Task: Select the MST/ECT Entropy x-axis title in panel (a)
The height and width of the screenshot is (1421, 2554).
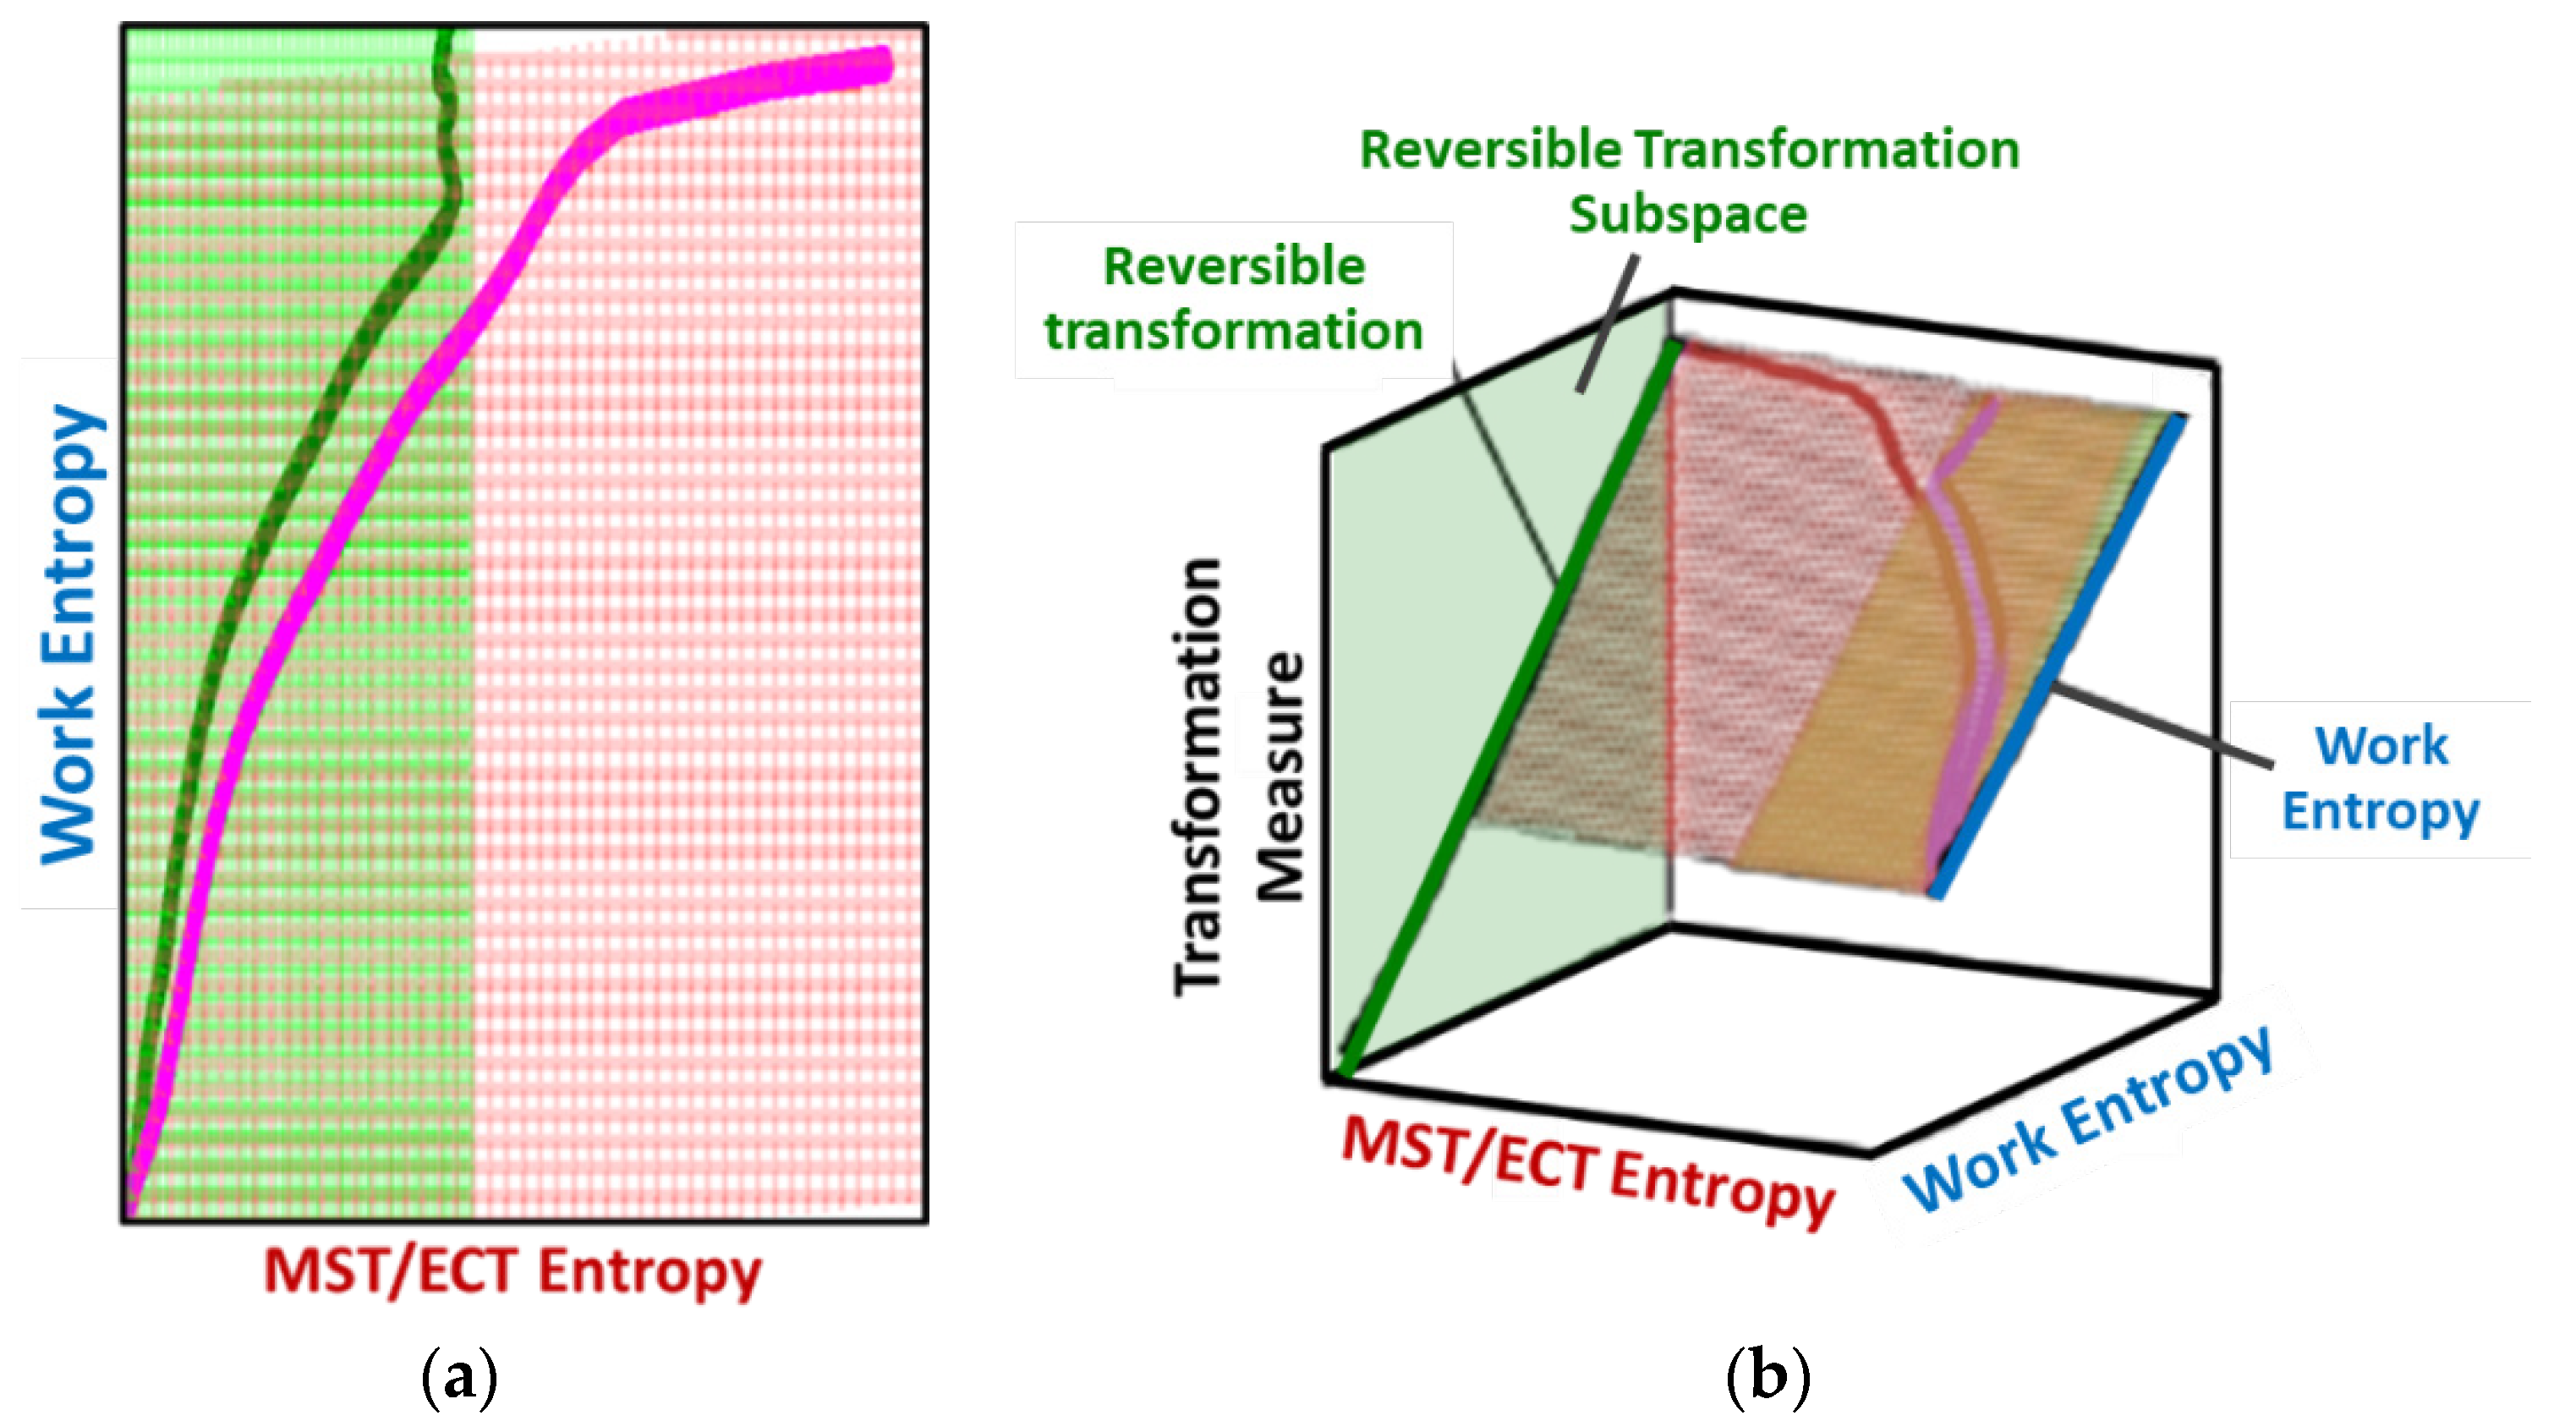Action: coord(512,1272)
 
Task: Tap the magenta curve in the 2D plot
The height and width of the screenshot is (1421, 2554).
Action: coord(327,575)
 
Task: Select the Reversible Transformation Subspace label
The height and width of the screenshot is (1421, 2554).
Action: coord(1689,182)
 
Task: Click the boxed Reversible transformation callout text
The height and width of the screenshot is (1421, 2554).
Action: coord(1233,299)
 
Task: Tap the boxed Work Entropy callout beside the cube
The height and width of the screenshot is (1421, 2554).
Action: coord(2381,778)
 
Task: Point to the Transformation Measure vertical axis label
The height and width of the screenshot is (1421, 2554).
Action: coord(1239,778)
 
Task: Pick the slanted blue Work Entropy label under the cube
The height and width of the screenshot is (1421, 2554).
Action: coord(2088,1121)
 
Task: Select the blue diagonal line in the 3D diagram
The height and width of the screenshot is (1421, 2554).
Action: coord(2063,655)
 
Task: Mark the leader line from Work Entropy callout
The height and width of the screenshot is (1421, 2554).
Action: coord(2162,724)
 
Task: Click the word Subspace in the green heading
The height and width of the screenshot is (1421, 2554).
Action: coord(1689,214)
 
